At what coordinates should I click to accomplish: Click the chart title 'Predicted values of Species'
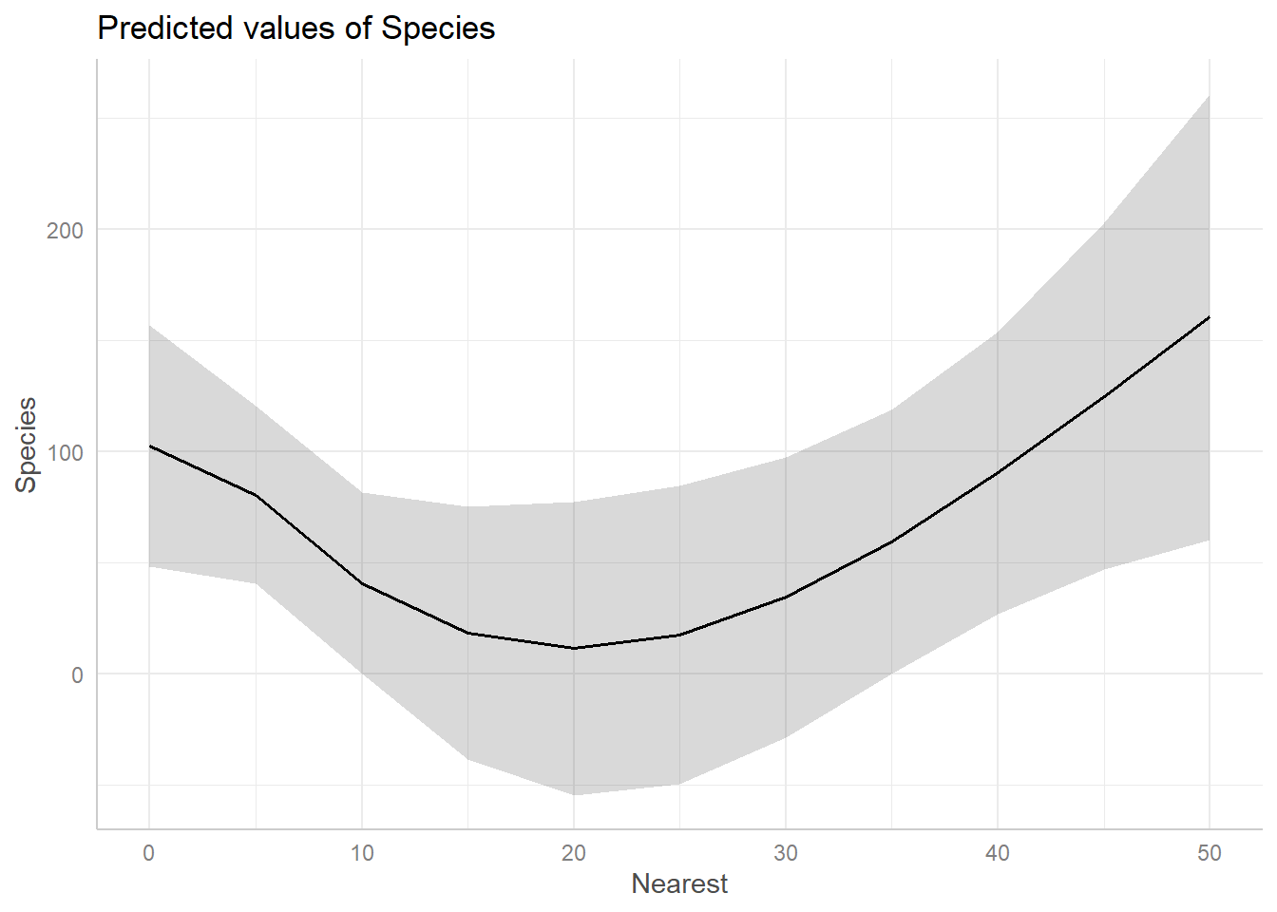[295, 28]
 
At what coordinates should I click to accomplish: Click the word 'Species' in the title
[438, 28]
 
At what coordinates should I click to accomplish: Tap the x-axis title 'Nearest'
[679, 883]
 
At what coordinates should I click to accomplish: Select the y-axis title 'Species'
[26, 445]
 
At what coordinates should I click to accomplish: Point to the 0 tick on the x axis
[149, 853]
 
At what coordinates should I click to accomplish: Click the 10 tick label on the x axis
[362, 853]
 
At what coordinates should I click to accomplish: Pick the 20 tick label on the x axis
[574, 853]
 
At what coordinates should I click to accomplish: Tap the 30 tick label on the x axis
[786, 853]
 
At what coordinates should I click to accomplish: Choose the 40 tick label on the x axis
[998, 853]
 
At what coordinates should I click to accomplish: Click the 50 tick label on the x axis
[1210, 853]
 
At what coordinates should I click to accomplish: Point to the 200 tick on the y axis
[65, 230]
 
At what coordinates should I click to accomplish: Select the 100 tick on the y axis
[65, 452]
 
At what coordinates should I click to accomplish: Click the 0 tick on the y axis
[77, 674]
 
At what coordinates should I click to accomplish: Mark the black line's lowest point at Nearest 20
[574, 648]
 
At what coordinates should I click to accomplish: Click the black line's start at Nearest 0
[150, 446]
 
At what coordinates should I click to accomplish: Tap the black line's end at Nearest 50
[1209, 316]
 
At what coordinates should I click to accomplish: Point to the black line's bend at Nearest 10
[362, 583]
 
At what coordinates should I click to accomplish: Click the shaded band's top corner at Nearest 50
[1209, 95]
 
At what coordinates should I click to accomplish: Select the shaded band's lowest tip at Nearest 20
[574, 794]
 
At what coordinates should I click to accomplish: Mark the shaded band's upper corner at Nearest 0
[150, 325]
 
